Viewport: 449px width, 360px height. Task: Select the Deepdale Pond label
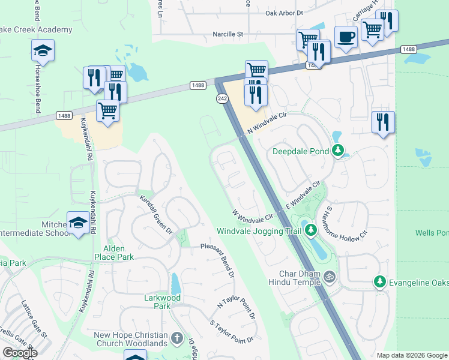click(301, 151)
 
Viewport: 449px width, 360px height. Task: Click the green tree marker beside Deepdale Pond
click(339, 151)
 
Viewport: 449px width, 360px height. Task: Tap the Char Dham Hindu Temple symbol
click(328, 277)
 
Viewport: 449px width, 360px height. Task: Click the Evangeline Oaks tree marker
click(379, 281)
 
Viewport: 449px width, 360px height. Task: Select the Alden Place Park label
click(113, 253)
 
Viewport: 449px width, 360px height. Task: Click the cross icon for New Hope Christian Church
click(176, 338)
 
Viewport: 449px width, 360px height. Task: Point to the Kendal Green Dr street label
click(156, 214)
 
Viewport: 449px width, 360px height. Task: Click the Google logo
click(20, 353)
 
